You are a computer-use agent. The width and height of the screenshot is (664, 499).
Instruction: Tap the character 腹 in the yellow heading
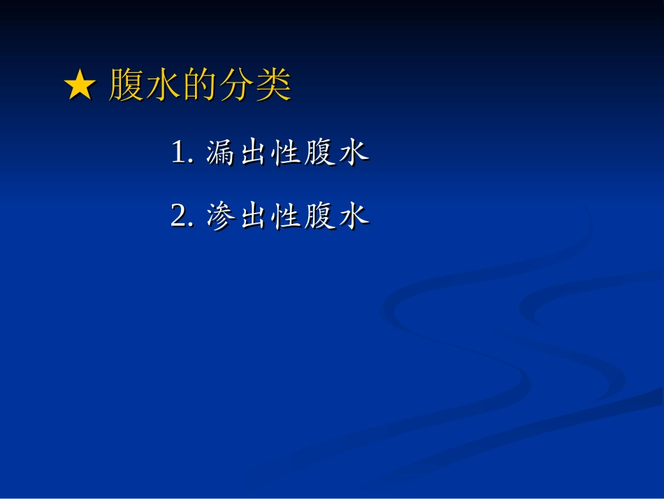pyautogui.click(x=127, y=87)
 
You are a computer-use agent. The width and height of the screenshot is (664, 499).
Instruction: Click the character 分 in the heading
pyautogui.click(x=237, y=87)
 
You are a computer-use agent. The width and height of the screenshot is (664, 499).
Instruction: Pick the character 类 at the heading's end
pyautogui.click(x=273, y=87)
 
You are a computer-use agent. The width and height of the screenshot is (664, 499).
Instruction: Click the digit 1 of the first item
pyautogui.click(x=179, y=153)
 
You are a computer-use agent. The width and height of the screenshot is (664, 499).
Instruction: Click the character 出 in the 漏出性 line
pyautogui.click(x=254, y=153)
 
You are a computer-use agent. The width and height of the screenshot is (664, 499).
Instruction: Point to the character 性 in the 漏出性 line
pyautogui.click(x=287, y=153)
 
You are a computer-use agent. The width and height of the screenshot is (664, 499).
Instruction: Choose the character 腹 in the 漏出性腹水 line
pyautogui.click(x=320, y=153)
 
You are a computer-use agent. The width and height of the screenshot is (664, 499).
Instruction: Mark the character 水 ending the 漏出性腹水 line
pyautogui.click(x=354, y=153)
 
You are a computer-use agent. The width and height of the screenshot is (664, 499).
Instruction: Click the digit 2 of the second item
pyautogui.click(x=178, y=216)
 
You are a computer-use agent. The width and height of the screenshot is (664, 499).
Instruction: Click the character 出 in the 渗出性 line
pyautogui.click(x=254, y=216)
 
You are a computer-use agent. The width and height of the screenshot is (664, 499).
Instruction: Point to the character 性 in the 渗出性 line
pyautogui.click(x=287, y=216)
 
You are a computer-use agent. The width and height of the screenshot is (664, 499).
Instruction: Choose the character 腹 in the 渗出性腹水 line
pyautogui.click(x=320, y=216)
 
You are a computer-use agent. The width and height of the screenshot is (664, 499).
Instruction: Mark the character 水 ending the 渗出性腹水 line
pyautogui.click(x=354, y=216)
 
